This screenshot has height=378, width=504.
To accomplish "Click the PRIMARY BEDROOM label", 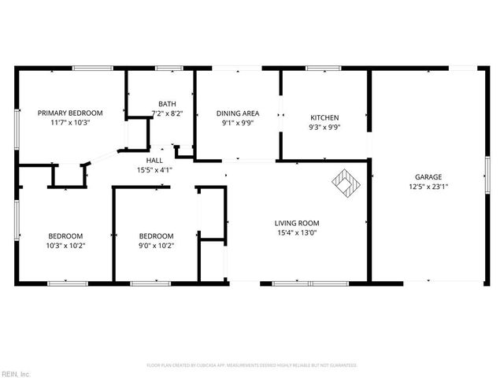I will tap(70, 113).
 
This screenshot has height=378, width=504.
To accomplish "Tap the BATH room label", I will tap(167, 104).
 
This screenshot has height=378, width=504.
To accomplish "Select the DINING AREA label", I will tap(238, 113).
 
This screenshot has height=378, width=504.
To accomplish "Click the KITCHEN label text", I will tap(324, 117).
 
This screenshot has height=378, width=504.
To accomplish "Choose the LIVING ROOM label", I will tap(296, 223).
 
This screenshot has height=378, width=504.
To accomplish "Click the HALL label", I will tap(154, 160).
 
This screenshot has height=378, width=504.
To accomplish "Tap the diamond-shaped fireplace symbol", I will tap(346, 183).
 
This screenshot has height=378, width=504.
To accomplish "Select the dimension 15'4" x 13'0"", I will tap(296, 232).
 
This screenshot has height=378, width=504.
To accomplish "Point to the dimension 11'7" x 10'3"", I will tap(70, 122).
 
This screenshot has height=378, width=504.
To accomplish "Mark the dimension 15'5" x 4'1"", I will tap(154, 169).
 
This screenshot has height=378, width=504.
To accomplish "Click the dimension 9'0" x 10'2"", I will tap(156, 245).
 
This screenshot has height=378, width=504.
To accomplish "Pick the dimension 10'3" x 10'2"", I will tap(66, 245).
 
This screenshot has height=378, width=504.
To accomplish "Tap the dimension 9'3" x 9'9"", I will tap(324, 127).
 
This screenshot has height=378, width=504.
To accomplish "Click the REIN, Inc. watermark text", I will tap(16, 373).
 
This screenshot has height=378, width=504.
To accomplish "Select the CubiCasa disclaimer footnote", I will tap(252, 365).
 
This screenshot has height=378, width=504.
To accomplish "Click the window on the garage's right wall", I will tap(487, 173).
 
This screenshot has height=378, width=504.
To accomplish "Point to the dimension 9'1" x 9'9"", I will tap(238, 122).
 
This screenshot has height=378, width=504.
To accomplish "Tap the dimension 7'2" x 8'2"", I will tap(167, 113).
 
